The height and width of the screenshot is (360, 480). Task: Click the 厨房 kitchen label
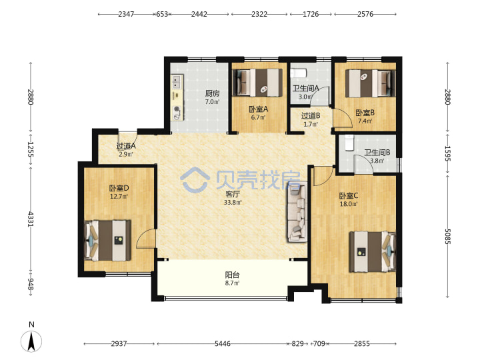coord(212,93)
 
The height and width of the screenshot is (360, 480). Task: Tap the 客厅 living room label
coord(233,194)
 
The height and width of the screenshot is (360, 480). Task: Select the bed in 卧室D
coord(107,240)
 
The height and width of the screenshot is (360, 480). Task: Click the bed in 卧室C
coord(373,251)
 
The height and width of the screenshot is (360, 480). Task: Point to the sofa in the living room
coord(297,212)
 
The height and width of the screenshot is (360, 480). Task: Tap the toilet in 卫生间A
coord(298,73)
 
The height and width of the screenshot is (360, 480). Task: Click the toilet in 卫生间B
coord(349,143)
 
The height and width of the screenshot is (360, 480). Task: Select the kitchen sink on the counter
coord(177,82)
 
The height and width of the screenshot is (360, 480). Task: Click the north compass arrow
coord(31,341)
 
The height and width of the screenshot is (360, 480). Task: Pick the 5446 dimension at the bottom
coord(222,343)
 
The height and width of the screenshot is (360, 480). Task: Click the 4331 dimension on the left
coord(30,219)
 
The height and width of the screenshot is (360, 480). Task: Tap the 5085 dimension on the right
coord(447,236)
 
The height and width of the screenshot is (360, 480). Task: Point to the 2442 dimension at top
coord(199,14)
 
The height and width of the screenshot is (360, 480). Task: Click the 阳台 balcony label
coord(233,275)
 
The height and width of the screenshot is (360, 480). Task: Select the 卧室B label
coord(365,113)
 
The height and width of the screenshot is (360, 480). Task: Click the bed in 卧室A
coord(258,83)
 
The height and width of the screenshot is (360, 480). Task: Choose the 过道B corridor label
coord(311,116)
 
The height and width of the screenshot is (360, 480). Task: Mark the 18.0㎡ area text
coord(349,203)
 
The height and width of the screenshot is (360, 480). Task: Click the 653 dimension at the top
coord(162,14)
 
